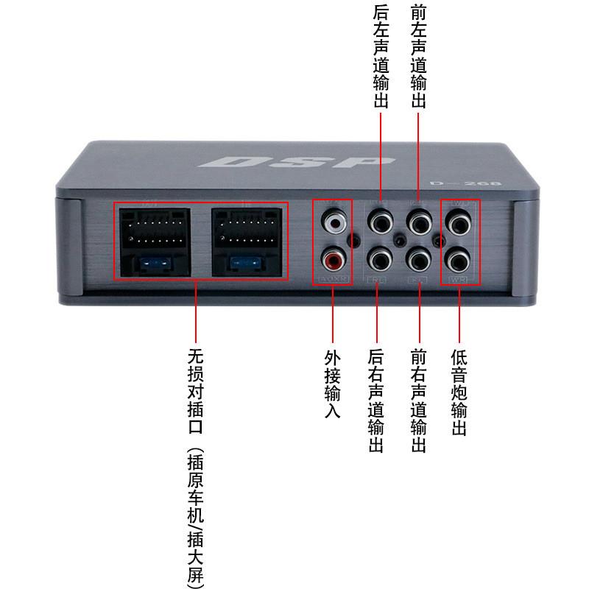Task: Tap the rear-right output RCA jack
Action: [380, 258]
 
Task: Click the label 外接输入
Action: [333, 384]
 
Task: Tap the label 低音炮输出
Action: [459, 392]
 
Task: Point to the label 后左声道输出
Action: [380, 54]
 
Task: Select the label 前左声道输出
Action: [418, 54]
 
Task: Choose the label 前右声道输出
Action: [419, 401]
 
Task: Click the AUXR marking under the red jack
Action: [331, 279]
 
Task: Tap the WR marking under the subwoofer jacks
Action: [458, 279]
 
